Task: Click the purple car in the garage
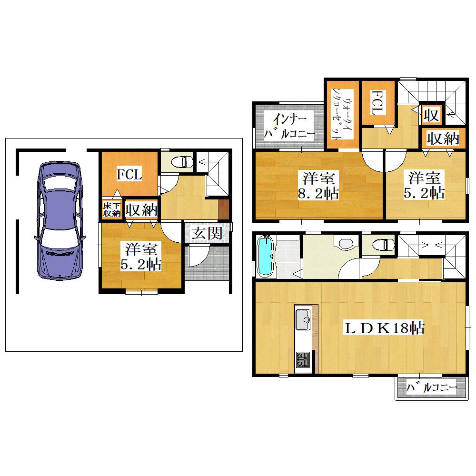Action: click(60, 221)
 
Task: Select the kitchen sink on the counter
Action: click(303, 319)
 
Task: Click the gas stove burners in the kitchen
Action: click(303, 359)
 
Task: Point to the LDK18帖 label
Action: click(384, 328)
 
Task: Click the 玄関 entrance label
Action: click(208, 233)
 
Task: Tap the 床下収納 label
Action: click(112, 209)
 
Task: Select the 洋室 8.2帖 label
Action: click(318, 185)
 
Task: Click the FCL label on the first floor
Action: click(129, 175)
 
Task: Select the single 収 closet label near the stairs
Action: click(431, 115)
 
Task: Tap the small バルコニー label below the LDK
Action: click(432, 387)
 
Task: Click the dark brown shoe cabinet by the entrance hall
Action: click(223, 209)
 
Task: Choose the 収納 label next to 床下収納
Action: click(141, 209)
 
